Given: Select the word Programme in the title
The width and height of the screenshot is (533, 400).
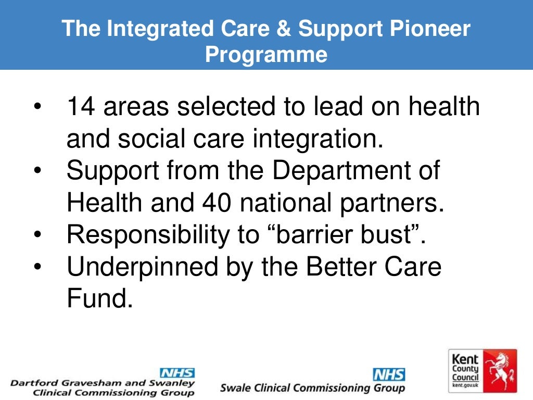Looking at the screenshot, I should click(x=266, y=54).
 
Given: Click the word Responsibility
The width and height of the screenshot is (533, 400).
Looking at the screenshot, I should click(x=148, y=235).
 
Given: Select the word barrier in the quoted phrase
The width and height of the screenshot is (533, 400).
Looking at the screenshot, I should click(x=320, y=235).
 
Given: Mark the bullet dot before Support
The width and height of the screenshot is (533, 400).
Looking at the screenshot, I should click(x=37, y=171).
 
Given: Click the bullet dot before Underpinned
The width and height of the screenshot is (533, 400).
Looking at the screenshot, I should click(x=37, y=267).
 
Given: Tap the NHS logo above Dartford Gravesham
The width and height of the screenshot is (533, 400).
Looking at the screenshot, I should click(x=176, y=373).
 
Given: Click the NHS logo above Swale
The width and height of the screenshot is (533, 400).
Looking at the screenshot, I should click(x=388, y=374).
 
